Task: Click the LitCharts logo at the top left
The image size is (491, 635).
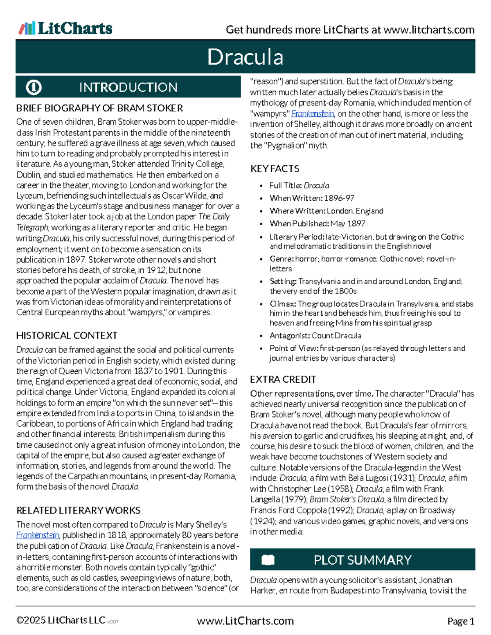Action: tap(65, 28)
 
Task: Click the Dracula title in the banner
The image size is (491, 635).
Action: tap(245, 57)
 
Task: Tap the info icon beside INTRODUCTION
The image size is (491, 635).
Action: tap(34, 87)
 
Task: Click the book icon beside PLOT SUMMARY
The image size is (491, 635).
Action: tap(268, 560)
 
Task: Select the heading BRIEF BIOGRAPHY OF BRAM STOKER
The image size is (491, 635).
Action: tap(99, 108)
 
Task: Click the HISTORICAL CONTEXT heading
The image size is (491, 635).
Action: tap(67, 336)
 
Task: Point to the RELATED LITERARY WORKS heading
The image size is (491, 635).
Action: tap(78, 510)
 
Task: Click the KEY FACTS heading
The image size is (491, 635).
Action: tap(275, 169)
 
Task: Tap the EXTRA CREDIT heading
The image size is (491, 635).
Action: tap(283, 379)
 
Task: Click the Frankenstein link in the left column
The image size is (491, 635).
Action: tap(38, 535)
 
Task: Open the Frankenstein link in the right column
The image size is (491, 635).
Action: tap(313, 114)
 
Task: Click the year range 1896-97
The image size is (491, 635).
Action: tap(339, 198)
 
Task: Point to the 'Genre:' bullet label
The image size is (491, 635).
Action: tap(282, 259)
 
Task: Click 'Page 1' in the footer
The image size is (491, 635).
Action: tap(461, 621)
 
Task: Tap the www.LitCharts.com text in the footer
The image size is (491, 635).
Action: tap(245, 621)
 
